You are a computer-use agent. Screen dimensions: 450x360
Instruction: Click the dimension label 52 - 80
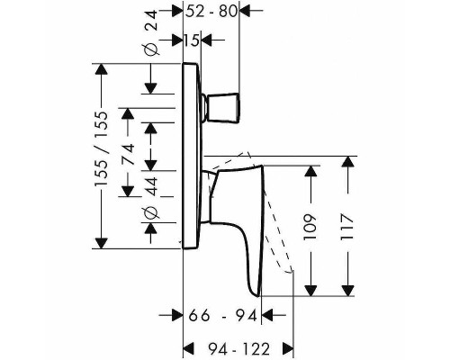point(211,12)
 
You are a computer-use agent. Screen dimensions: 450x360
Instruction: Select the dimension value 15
point(192,40)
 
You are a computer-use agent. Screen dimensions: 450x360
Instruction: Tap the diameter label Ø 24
point(151,32)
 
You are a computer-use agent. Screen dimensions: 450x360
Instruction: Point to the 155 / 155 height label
point(100,149)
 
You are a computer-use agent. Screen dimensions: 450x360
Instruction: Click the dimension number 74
point(129,154)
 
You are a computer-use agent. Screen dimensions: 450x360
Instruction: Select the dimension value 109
point(310,227)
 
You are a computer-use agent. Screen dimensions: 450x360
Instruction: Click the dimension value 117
point(347,227)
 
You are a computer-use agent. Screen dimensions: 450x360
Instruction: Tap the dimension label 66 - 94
point(223,316)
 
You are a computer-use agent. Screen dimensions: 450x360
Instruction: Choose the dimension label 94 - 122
point(238,349)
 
